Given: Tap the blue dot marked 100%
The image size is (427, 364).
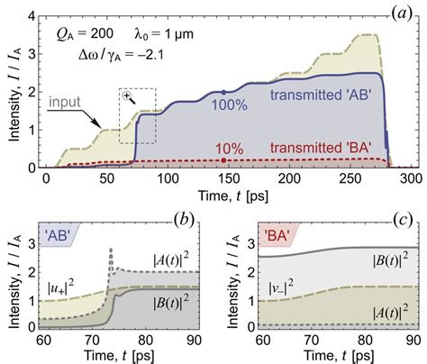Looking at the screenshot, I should [x=223, y=93].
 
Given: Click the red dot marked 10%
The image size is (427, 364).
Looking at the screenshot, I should [x=223, y=161].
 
